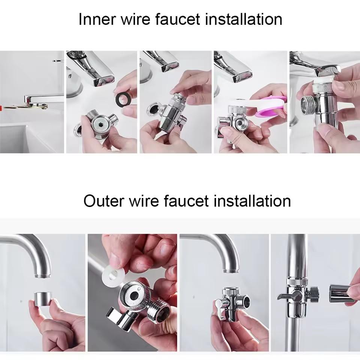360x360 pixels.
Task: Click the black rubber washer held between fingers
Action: coord(123,100)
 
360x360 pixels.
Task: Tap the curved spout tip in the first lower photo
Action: coord(42,273)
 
